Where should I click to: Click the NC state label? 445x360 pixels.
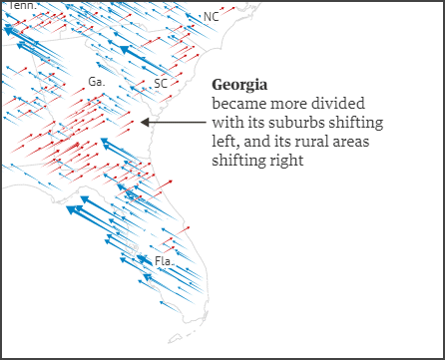(210, 17)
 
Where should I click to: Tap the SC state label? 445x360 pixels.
(161, 85)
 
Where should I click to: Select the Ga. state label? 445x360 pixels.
(97, 82)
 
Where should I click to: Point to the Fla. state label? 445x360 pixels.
(164, 261)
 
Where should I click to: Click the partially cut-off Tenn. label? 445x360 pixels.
(23, 5)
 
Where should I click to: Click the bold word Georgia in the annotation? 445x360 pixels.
(239, 85)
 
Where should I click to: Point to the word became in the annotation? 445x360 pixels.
(236, 104)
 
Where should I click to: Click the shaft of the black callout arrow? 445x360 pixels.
(175, 123)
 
